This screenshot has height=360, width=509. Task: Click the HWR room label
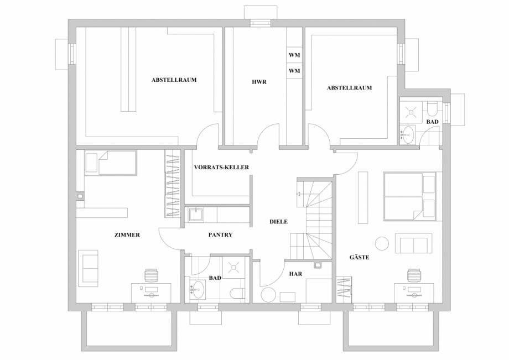tap(259, 82)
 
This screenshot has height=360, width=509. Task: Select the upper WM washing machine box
tap(294, 56)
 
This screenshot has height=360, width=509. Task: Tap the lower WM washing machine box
tap(294, 71)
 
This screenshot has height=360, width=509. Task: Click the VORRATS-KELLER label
tap(221, 167)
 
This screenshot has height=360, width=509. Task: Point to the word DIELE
tap(278, 221)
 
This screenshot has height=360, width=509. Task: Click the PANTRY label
tap(220, 235)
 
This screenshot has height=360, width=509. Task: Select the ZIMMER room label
tap(127, 235)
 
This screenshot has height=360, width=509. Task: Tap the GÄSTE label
tap(360, 258)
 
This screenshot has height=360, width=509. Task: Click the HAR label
tap(295, 273)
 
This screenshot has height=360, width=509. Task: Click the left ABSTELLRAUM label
tap(174, 80)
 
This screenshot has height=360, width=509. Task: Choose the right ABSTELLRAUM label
tap(349, 87)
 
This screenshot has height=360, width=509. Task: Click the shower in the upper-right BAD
tap(411, 111)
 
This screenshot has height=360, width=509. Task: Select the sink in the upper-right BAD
tap(408, 134)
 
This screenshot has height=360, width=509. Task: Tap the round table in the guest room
tap(382, 243)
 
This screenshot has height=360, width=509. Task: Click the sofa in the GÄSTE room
tap(413, 243)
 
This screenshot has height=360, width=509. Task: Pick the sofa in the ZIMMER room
tap(89, 267)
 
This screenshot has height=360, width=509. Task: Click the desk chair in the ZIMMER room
tap(151, 275)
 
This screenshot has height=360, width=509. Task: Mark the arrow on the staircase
tap(299, 194)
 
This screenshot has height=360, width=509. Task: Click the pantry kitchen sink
tap(195, 214)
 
